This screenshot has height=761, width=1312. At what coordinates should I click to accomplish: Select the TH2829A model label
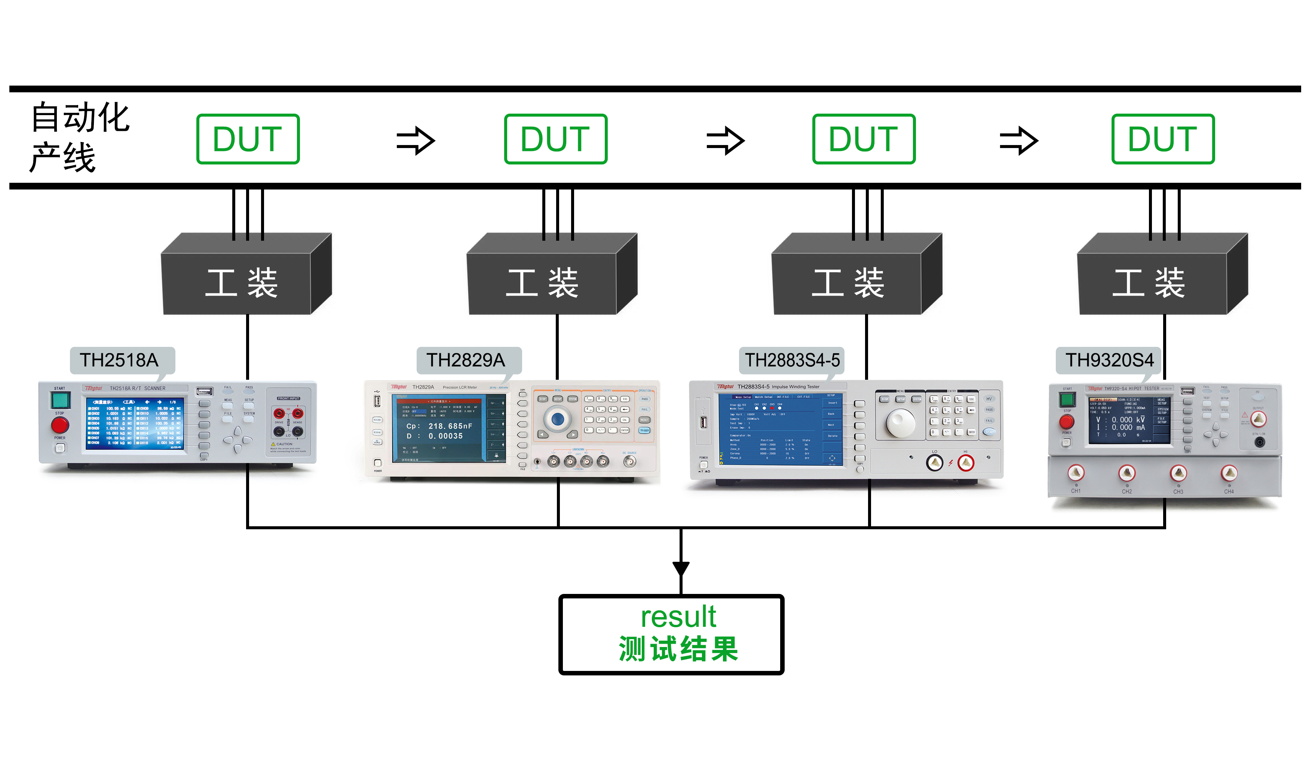(466, 360)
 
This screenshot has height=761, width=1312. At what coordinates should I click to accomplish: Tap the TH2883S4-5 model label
(792, 360)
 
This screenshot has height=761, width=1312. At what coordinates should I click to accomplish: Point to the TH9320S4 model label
(1109, 360)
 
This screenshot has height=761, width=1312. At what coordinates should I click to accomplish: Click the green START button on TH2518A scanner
(60, 400)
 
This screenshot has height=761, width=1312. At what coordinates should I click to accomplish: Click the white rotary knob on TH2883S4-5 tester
(900, 423)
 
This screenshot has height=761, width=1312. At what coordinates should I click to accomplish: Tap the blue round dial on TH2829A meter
(558, 418)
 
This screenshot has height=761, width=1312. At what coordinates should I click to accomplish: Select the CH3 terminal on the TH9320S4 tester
(1178, 473)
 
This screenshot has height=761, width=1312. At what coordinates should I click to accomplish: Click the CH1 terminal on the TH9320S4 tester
(1076, 472)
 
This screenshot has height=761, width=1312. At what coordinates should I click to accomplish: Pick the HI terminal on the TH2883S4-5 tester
(966, 462)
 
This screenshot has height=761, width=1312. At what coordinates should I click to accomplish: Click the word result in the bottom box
(678, 617)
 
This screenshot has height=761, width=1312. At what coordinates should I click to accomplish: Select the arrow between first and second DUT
(416, 141)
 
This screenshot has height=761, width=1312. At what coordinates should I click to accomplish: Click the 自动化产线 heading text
(78, 137)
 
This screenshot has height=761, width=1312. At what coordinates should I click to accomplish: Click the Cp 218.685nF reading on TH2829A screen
(440, 426)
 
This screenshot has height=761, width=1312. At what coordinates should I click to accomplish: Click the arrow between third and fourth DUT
(1019, 141)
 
